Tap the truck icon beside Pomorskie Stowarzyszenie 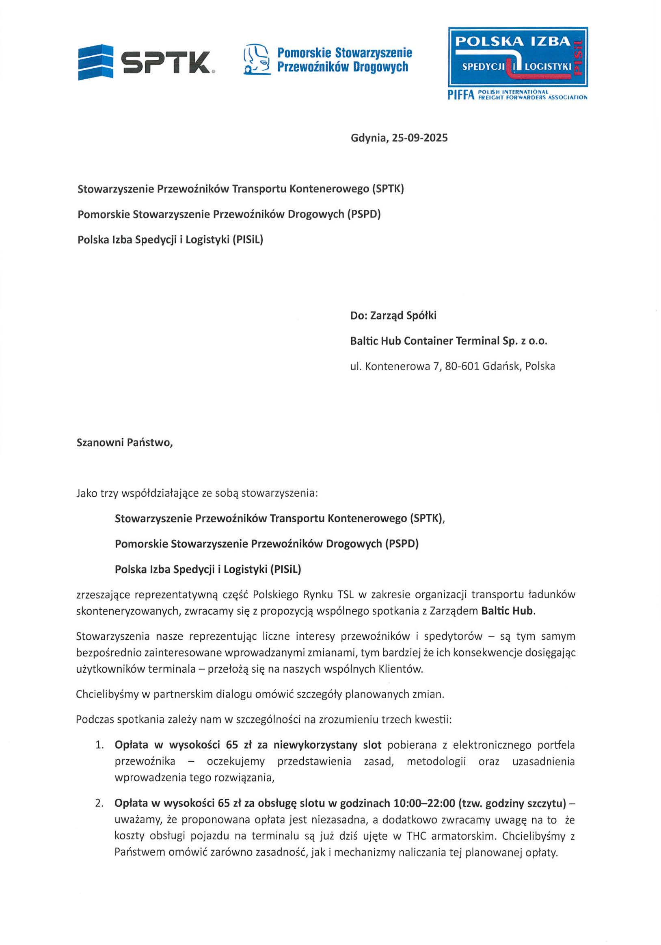tap(257, 60)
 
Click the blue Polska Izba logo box tap(518, 57)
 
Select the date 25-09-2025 tap(420, 138)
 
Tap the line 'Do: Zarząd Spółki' tap(393, 316)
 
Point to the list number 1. tap(99, 745)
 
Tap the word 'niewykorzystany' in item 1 tap(316, 745)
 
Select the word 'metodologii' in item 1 tap(436, 761)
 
